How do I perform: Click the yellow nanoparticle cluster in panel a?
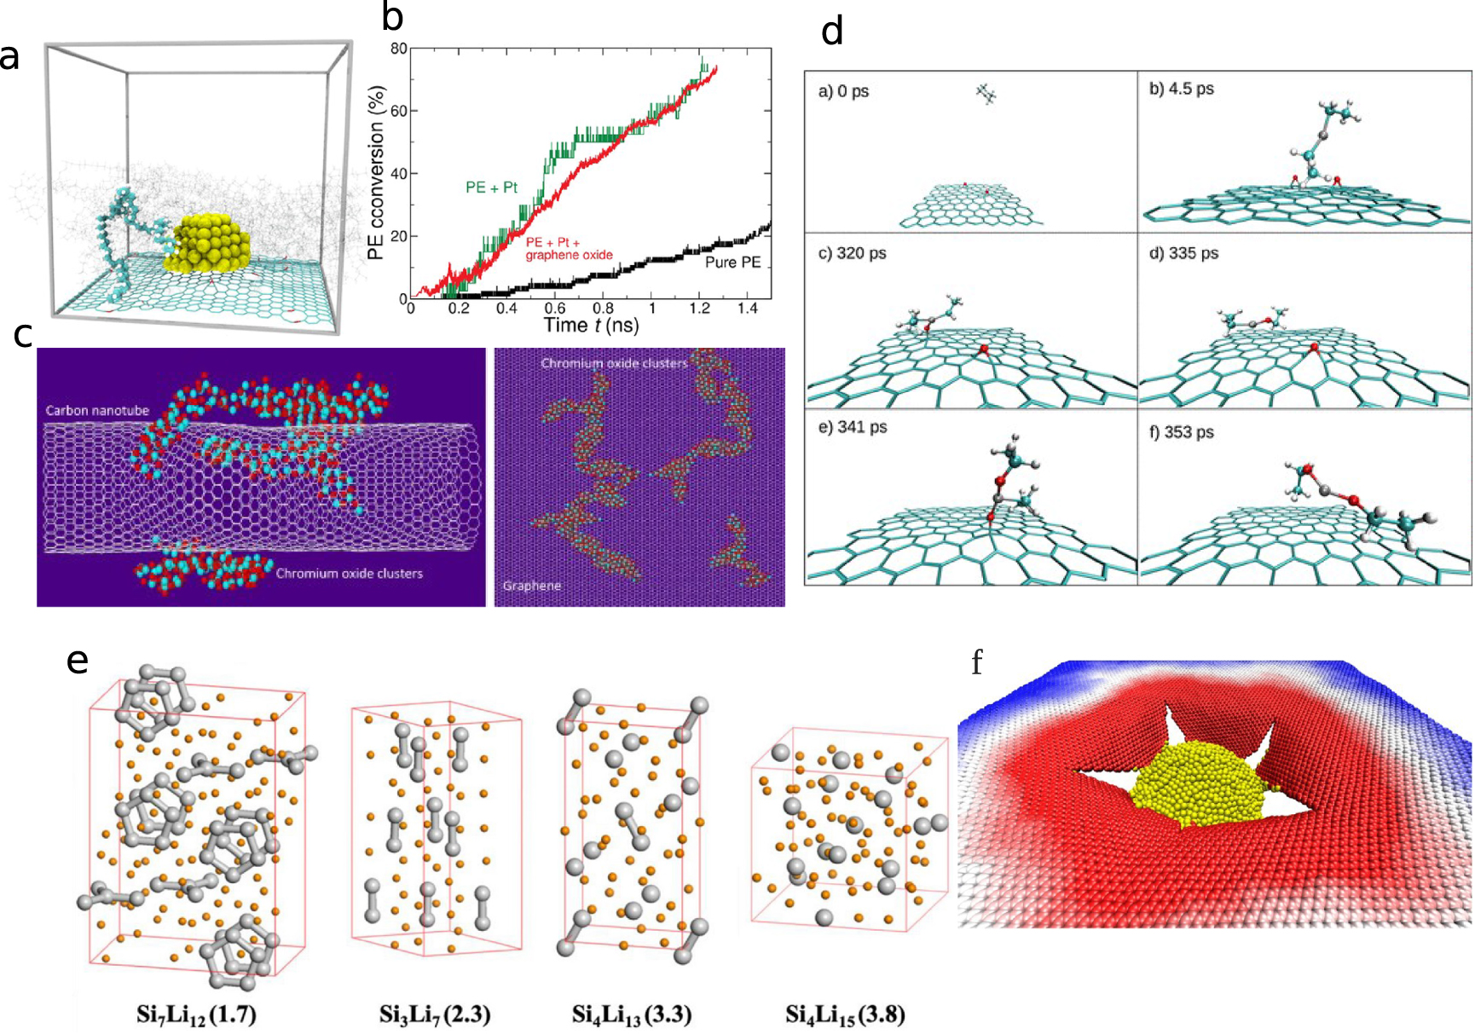coord(211,241)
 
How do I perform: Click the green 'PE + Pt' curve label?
coord(491,188)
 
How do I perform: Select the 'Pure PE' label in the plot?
coord(732,263)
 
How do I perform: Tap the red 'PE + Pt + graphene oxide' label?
coord(569,249)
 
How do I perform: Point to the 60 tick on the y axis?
coord(398,111)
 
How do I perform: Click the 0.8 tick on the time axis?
coord(603,309)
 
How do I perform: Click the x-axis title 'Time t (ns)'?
coord(591,326)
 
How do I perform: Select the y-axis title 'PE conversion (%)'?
coord(376,173)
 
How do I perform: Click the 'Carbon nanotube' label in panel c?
coord(97,411)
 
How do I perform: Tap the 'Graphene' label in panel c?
coord(532,586)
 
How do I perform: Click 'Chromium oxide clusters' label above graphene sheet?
coord(614,364)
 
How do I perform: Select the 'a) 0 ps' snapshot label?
coord(843,91)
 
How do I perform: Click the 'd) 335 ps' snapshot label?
coord(1183,253)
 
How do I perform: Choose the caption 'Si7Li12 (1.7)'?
coord(197,1014)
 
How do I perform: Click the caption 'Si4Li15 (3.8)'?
coord(845,1014)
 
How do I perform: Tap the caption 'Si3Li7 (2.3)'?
coord(435,1014)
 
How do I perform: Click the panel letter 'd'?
coord(831,32)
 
